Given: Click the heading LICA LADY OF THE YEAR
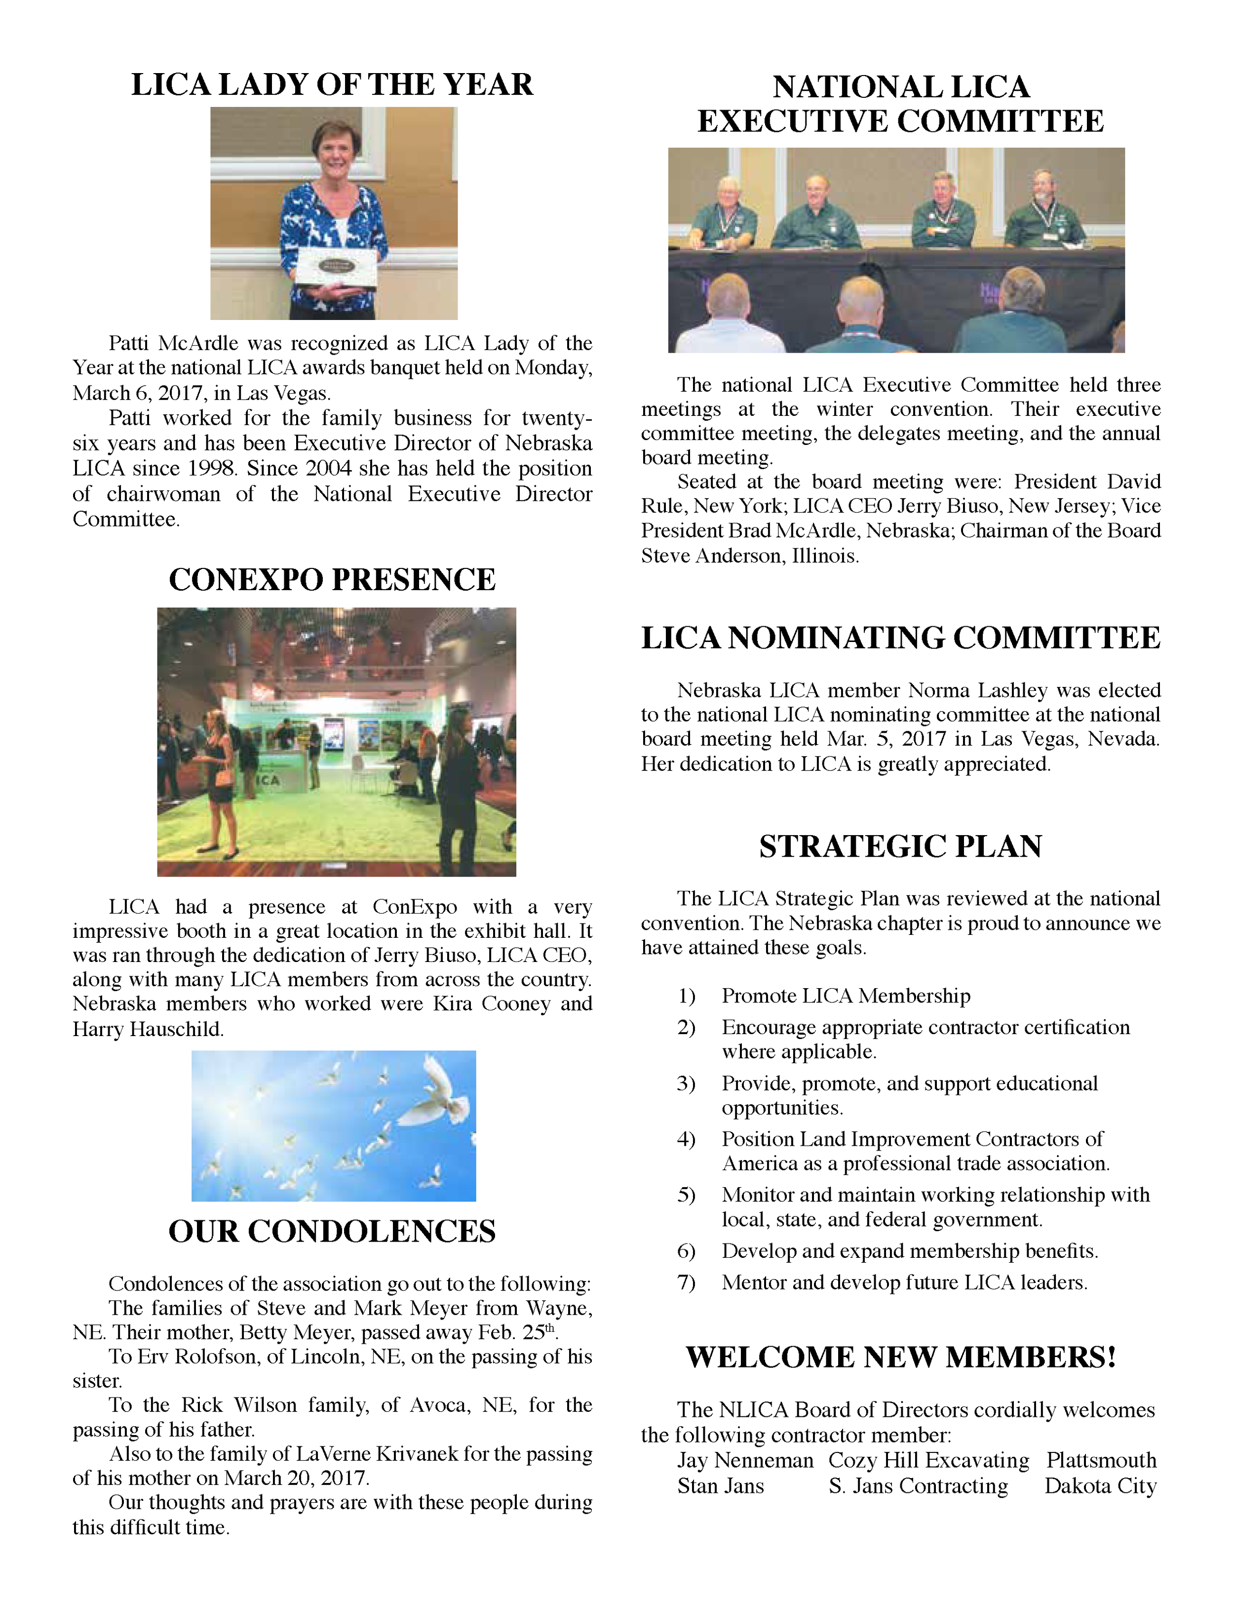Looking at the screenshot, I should [x=332, y=84].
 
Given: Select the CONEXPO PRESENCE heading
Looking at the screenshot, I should [x=332, y=579].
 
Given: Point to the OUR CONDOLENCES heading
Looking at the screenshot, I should [x=332, y=1231].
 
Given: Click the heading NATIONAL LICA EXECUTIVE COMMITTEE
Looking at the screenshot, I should [x=900, y=104].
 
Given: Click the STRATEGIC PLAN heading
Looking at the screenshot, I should [x=900, y=846].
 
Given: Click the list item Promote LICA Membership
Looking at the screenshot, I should [x=845, y=996].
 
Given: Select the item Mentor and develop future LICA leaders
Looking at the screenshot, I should [x=904, y=1282].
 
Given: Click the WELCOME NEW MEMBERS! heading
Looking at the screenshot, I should [x=900, y=1357].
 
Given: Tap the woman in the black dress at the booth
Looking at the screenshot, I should [x=219, y=778].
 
